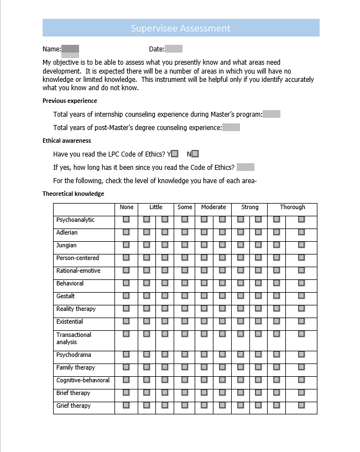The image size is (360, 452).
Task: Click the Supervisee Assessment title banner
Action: pyautogui.click(x=181, y=28)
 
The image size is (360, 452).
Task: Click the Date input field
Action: pyautogui.click(x=174, y=49)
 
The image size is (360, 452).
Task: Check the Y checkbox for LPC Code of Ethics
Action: pyautogui.click(x=175, y=154)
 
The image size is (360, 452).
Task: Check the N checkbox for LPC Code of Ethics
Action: pyautogui.click(x=195, y=154)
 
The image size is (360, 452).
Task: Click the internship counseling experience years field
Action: pyautogui.click(x=272, y=115)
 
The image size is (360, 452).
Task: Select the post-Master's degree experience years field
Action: pyautogui.click(x=231, y=128)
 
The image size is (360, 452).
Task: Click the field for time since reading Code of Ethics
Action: pyautogui.click(x=246, y=167)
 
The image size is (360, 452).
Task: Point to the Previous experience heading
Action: pyautogui.click(x=70, y=101)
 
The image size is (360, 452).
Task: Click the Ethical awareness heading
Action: pyautogui.click(x=67, y=141)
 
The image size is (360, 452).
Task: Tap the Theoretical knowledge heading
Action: pyautogui.click(x=73, y=194)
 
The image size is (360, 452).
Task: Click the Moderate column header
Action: pyautogui.click(x=213, y=207)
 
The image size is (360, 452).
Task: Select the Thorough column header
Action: pyautogui.click(x=292, y=207)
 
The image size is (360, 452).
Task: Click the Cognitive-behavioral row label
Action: pyautogui.click(x=83, y=381)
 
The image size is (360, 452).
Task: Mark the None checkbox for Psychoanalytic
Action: pyautogui.click(x=126, y=220)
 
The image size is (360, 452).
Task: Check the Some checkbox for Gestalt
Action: pyautogui.click(x=185, y=296)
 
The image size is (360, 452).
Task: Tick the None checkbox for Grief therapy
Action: pyautogui.click(x=126, y=406)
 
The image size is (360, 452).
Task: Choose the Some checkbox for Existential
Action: pyautogui.click(x=185, y=321)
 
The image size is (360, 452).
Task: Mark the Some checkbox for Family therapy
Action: pyautogui.click(x=185, y=367)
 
